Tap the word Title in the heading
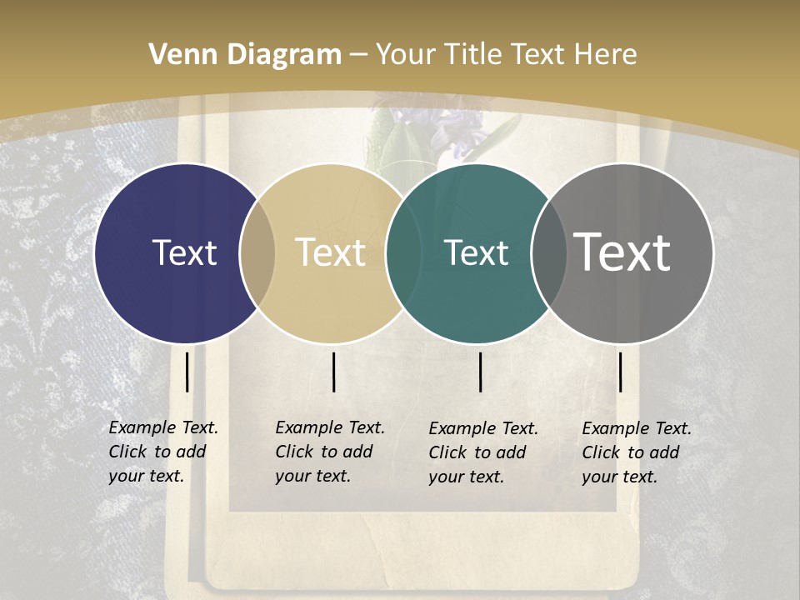point(472,55)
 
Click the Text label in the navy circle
point(184,252)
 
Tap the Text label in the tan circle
point(331,252)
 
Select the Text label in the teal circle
point(476,252)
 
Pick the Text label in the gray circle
point(622,252)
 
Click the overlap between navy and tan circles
point(257,253)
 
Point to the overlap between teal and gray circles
point(549,253)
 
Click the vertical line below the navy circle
point(187,372)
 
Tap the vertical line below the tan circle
point(333,372)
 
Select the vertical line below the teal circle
point(481,372)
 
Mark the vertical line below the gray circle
point(620,372)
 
